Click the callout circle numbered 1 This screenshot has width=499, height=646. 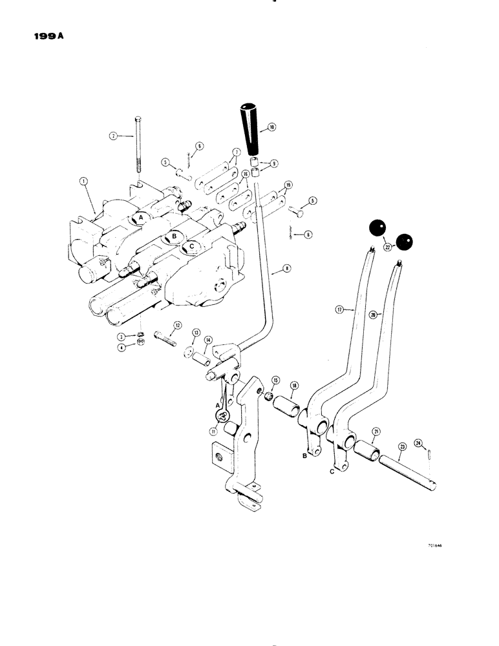84,182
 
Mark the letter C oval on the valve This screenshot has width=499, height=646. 191,245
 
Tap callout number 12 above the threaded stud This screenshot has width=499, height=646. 177,325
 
